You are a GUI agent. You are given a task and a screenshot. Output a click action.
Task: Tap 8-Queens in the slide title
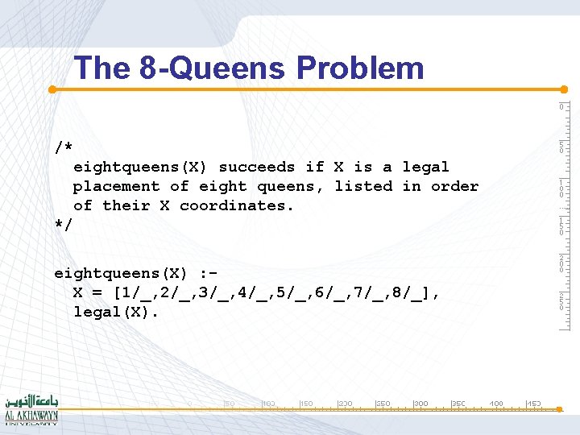click(x=212, y=68)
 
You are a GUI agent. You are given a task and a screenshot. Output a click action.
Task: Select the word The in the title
click(x=102, y=68)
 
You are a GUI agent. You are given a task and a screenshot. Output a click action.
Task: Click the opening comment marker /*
click(x=64, y=148)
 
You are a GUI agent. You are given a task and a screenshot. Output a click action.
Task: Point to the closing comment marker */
click(x=64, y=225)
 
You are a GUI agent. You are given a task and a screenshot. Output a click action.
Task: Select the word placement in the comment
click(x=116, y=186)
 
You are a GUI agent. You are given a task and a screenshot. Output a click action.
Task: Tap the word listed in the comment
click(x=363, y=186)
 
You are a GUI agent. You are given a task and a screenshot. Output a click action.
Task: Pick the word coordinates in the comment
click(x=237, y=205)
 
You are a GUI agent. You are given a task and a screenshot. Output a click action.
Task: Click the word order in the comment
click(x=454, y=186)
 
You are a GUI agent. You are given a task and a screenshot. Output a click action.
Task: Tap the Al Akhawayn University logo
click(x=31, y=408)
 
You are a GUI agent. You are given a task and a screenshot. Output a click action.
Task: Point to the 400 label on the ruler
click(x=496, y=403)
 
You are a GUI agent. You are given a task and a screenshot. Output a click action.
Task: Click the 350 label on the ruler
click(x=458, y=403)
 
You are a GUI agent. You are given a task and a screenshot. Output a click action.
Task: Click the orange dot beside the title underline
click(x=52, y=89)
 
